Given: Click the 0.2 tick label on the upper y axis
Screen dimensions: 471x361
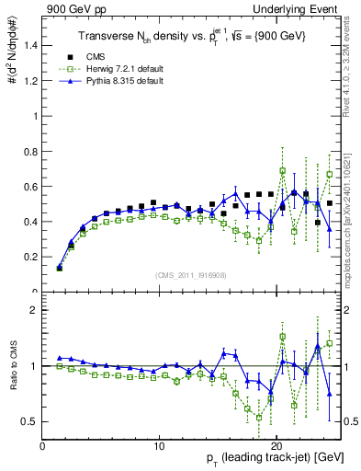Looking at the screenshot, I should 30,258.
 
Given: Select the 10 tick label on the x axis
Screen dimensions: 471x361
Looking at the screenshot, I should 160,445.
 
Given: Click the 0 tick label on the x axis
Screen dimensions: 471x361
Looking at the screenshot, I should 43,445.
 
